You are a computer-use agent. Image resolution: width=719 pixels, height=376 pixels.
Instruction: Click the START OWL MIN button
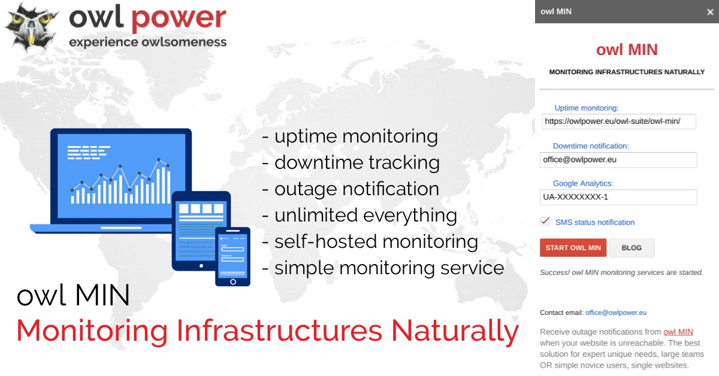point(573,248)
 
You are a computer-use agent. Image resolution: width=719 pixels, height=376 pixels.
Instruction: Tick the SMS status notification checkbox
point(545,222)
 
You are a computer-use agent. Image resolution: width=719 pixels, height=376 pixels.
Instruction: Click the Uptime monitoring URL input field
point(618,122)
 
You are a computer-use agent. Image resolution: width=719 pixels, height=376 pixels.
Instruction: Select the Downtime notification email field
point(618,160)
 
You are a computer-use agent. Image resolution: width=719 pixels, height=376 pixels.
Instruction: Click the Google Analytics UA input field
point(618,197)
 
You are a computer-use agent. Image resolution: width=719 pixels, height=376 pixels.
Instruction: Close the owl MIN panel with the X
point(710,12)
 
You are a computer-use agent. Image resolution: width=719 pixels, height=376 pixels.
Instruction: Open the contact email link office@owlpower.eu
point(616,313)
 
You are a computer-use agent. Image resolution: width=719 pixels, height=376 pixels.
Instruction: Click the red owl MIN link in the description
point(678,332)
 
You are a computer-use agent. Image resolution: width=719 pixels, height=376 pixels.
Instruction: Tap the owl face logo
point(31,28)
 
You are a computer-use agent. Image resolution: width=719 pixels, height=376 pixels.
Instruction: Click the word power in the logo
point(179,19)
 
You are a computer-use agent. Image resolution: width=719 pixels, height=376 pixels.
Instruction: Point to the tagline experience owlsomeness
point(147,42)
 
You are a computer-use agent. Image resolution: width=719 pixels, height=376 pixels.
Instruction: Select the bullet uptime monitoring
point(350,137)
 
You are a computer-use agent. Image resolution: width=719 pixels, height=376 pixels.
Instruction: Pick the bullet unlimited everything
point(359,215)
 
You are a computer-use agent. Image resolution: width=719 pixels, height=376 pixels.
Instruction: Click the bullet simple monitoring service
point(383,268)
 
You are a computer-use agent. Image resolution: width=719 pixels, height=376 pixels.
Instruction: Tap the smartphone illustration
point(232,256)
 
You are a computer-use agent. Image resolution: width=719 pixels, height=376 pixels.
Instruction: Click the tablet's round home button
point(201,266)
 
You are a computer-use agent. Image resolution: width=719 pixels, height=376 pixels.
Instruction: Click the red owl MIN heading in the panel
point(627,50)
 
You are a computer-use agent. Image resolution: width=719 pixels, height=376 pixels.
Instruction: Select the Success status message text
point(621,272)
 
